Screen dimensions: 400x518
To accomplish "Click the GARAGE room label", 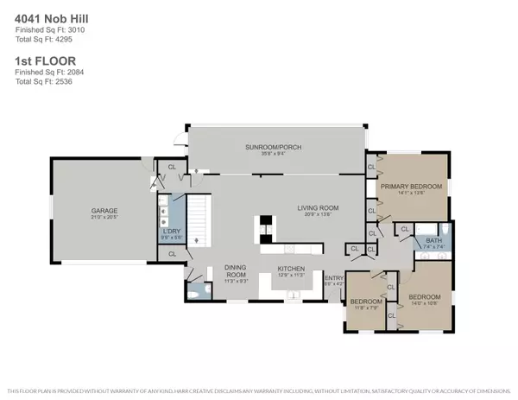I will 104,210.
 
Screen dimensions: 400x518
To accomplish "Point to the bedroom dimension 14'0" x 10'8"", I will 420,303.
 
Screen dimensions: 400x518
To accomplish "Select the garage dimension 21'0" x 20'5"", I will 104,217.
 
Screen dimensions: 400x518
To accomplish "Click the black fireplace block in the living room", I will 267,238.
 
